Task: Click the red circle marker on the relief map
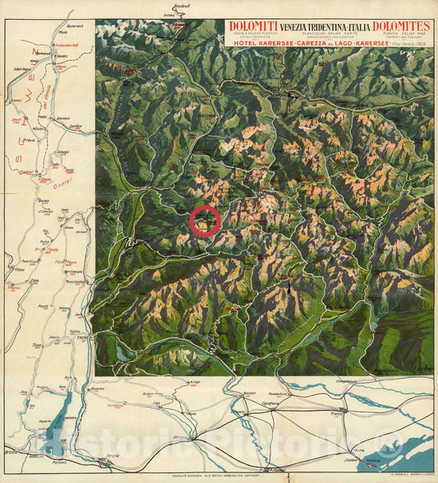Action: pos(205,221)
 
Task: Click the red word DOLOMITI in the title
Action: pos(253,26)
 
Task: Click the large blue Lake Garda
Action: pos(51,432)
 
